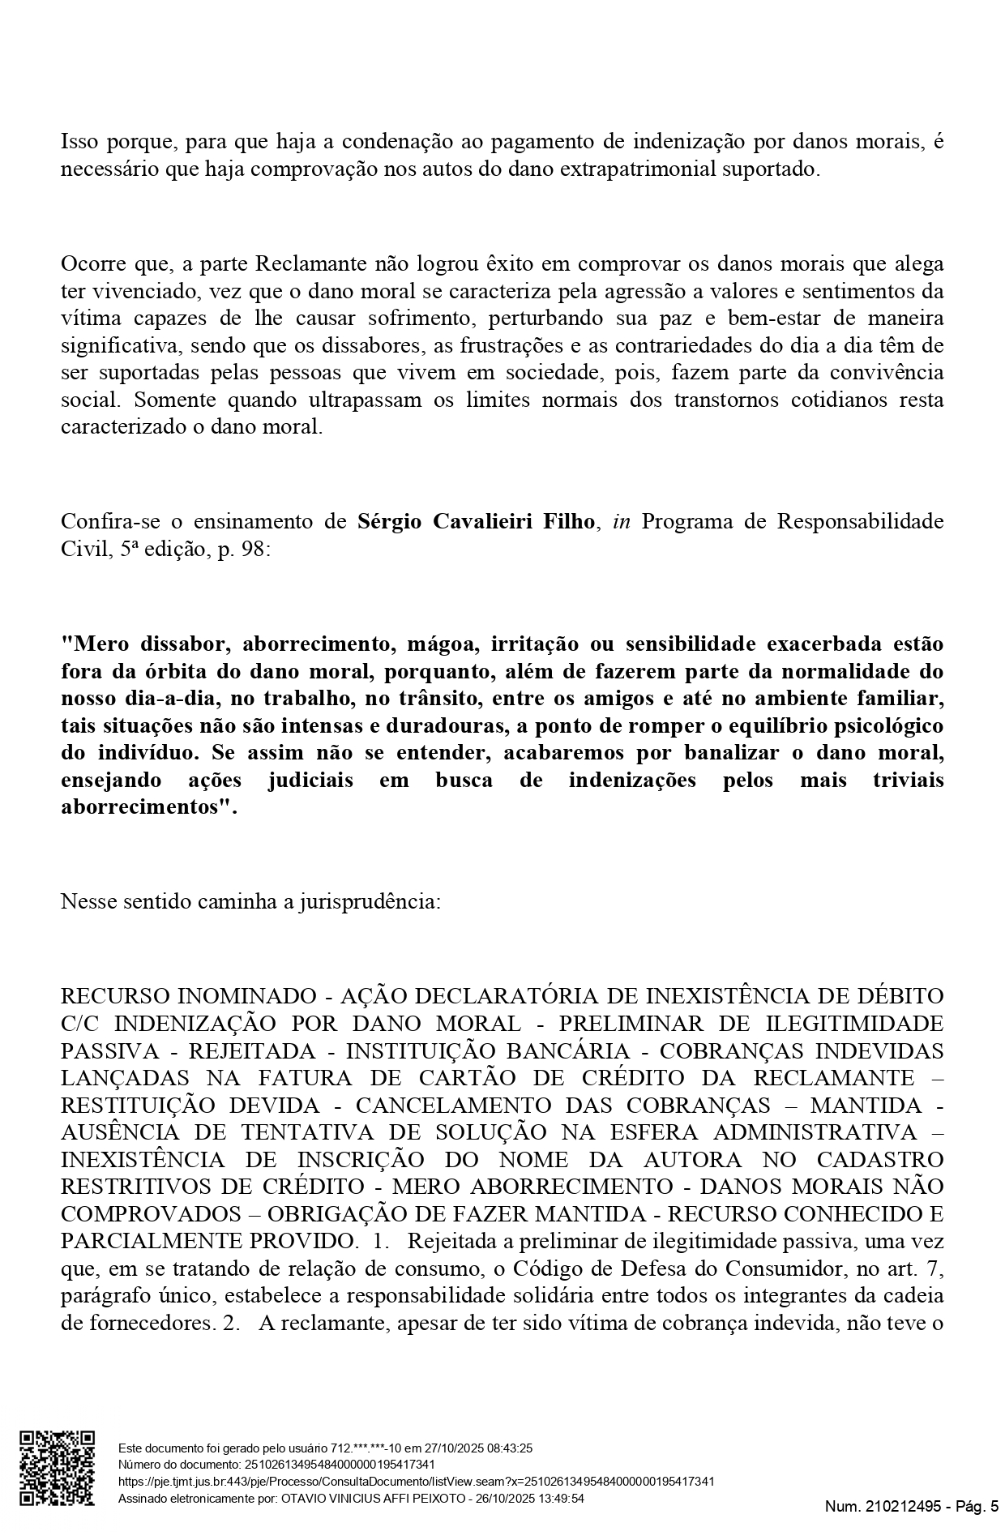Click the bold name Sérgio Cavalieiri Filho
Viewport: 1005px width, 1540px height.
(x=477, y=521)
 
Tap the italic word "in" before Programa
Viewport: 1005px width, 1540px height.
(x=621, y=521)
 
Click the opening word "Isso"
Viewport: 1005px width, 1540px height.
(x=79, y=143)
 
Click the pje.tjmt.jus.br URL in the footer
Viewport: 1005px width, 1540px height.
(x=416, y=1482)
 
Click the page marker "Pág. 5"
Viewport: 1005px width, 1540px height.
(x=977, y=1507)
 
